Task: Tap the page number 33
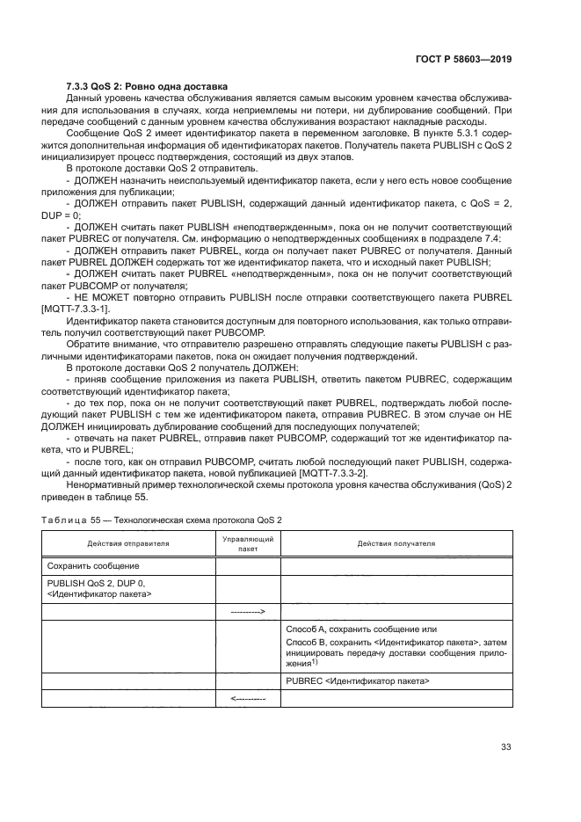click(505, 747)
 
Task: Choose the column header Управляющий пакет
click(248, 543)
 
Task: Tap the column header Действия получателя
click(396, 543)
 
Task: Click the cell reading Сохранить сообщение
click(93, 566)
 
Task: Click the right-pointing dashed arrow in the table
click(248, 610)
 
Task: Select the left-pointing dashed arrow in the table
click(248, 700)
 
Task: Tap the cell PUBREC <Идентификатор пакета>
click(358, 680)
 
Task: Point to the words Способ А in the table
click(308, 629)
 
